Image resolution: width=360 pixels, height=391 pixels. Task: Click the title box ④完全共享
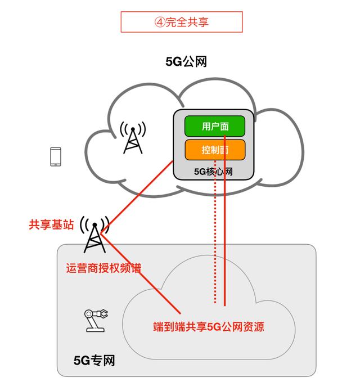coord(182,22)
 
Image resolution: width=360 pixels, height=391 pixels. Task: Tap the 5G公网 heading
coord(186,61)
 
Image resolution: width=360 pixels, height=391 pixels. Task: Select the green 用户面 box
coord(215,126)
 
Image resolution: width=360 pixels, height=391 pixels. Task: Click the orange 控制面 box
coord(215,150)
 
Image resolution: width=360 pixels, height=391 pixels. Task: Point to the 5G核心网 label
coord(213,172)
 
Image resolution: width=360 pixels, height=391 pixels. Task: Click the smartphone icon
coord(56,156)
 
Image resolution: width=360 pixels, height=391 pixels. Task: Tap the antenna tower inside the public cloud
coord(133,137)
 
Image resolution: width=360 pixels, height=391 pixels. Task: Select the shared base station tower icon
coord(94,235)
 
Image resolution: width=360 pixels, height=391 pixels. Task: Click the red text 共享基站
coord(51,224)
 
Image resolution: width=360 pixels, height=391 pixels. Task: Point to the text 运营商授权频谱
coord(103,268)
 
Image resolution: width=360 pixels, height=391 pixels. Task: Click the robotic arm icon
coord(96,321)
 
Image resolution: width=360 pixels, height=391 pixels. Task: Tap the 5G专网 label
coord(94,360)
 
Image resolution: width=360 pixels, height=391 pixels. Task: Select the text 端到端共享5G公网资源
coord(209,326)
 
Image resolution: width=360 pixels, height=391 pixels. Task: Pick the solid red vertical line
coord(224,221)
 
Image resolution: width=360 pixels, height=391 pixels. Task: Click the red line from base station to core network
coord(137,197)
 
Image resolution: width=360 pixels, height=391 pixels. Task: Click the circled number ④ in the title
coord(160,22)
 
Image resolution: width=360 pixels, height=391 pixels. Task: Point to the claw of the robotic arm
coord(103,314)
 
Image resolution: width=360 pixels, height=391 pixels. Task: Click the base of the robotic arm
coord(95,330)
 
